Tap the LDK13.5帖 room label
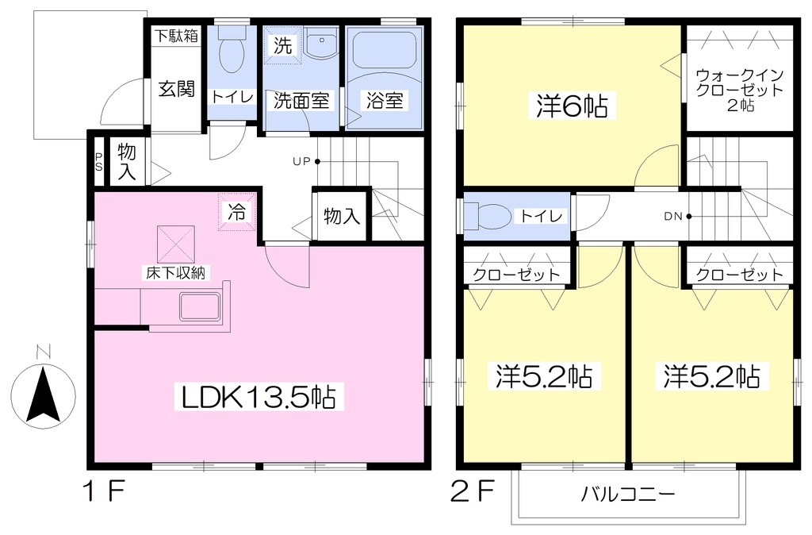pyautogui.click(x=259, y=397)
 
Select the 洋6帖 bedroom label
pyautogui.click(x=572, y=106)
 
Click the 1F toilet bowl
pyautogui.click(x=232, y=52)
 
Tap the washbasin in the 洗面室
pyautogui.click(x=320, y=42)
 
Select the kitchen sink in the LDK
pyautogui.click(x=200, y=307)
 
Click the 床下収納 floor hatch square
pyautogui.click(x=176, y=244)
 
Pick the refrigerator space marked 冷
pyautogui.click(x=236, y=212)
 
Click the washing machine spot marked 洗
pyautogui.click(x=282, y=45)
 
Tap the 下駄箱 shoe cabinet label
pyautogui.click(x=177, y=35)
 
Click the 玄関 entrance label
pyautogui.click(x=177, y=89)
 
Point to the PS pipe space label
pyautogui.click(x=98, y=161)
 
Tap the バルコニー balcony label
pyautogui.click(x=628, y=494)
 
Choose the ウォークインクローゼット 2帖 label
pyautogui.click(x=740, y=90)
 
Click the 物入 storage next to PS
pyautogui.click(x=127, y=161)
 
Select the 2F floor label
pyautogui.click(x=473, y=491)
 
